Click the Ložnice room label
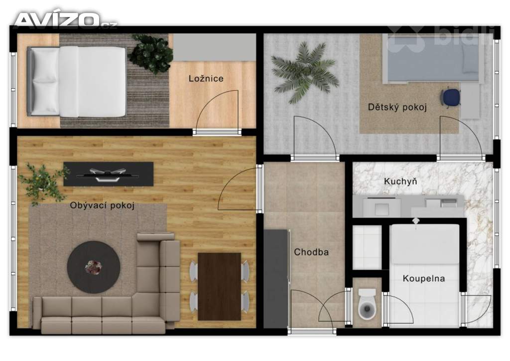click(x=206, y=79)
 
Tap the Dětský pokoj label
click(x=397, y=107)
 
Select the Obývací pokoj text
click(x=103, y=205)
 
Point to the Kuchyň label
click(x=400, y=181)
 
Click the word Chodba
click(x=311, y=252)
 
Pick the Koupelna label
click(x=424, y=279)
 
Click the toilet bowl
click(x=368, y=306)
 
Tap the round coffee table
click(x=94, y=267)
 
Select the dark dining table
click(x=219, y=286)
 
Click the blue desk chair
click(x=451, y=97)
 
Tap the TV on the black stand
click(x=109, y=174)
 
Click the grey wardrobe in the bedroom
click(x=214, y=47)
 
